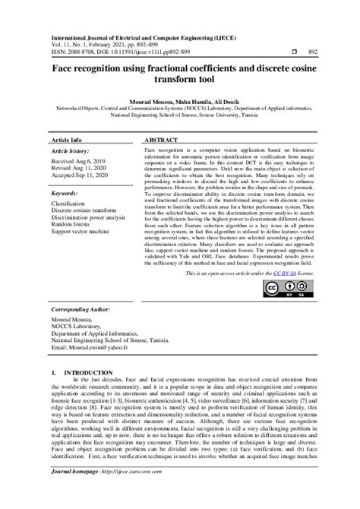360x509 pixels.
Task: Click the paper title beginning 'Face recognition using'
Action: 180,74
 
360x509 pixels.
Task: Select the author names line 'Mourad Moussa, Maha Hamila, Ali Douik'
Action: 180,100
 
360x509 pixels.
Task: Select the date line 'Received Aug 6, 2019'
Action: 79,162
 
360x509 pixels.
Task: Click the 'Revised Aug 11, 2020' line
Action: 79,169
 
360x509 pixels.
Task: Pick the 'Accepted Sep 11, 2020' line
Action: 81,177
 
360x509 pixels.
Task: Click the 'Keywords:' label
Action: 66,194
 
